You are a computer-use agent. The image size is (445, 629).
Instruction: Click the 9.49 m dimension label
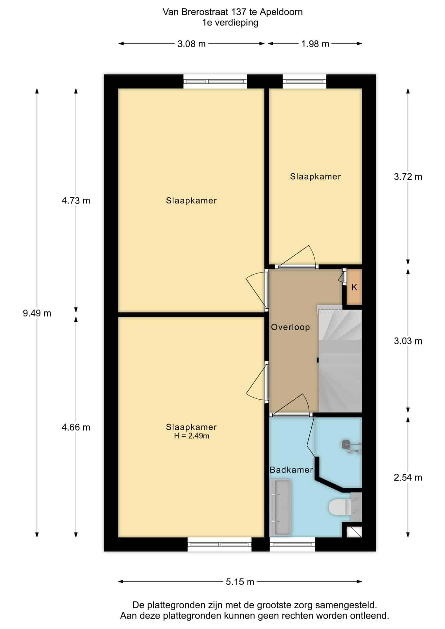[37, 313]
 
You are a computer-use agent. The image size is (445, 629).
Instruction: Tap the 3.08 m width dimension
[191, 44]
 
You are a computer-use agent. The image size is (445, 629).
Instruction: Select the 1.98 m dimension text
[315, 44]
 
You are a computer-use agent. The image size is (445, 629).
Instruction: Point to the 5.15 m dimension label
[240, 581]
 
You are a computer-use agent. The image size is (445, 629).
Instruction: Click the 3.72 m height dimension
[408, 177]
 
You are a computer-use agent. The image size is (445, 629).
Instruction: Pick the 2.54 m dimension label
[408, 477]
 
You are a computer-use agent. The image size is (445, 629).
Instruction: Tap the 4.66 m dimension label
[76, 427]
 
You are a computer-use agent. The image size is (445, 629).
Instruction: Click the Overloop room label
[290, 327]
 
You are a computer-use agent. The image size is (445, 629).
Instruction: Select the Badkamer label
[291, 470]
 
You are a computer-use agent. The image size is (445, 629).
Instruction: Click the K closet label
[354, 287]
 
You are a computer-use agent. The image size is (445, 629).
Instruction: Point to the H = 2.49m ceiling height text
[191, 436]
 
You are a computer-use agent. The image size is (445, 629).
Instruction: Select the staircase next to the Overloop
[340, 358]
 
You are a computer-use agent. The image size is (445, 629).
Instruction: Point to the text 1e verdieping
[230, 23]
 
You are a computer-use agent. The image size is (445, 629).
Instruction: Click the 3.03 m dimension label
[408, 341]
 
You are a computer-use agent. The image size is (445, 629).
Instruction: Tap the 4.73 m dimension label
[76, 200]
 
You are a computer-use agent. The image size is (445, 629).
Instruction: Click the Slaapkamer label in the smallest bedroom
[315, 177]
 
